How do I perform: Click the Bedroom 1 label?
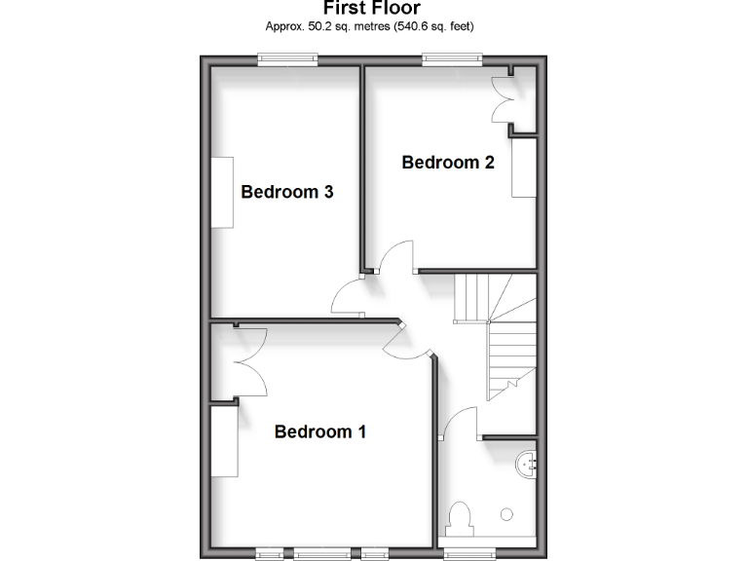pyautogui.click(x=319, y=431)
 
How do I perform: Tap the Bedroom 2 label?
pyautogui.click(x=448, y=163)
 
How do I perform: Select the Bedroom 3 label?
pyautogui.click(x=287, y=192)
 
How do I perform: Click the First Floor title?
pyautogui.click(x=373, y=9)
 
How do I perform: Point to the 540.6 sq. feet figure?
pyautogui.click(x=435, y=26)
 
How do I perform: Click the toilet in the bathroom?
pyautogui.click(x=461, y=520)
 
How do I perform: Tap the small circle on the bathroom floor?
pyautogui.click(x=506, y=512)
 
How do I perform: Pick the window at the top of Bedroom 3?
pyautogui.click(x=287, y=59)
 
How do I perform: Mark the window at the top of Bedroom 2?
pyautogui.click(x=453, y=59)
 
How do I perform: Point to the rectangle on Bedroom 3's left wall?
pyautogui.click(x=222, y=192)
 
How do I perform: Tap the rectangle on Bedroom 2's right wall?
pyautogui.click(x=523, y=168)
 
